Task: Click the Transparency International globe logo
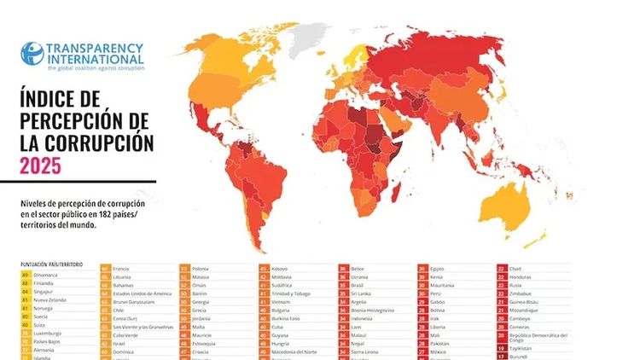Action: click(32, 54)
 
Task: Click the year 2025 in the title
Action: click(41, 165)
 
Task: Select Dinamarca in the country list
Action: click(46, 276)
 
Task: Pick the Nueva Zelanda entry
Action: click(52, 300)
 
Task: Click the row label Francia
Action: click(120, 269)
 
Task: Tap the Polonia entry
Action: click(201, 269)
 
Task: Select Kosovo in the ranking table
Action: click(281, 269)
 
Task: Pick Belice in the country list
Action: click(359, 269)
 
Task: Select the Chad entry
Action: click(516, 269)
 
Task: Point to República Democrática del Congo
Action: click(538, 338)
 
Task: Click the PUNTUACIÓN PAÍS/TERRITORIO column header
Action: click(52, 265)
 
